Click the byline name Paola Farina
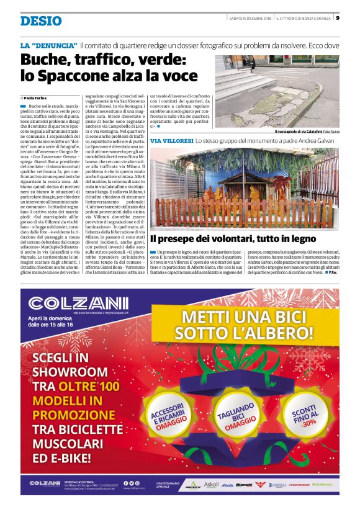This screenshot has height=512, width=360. [x=38, y=98]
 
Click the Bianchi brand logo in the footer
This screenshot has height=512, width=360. [x=244, y=484]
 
